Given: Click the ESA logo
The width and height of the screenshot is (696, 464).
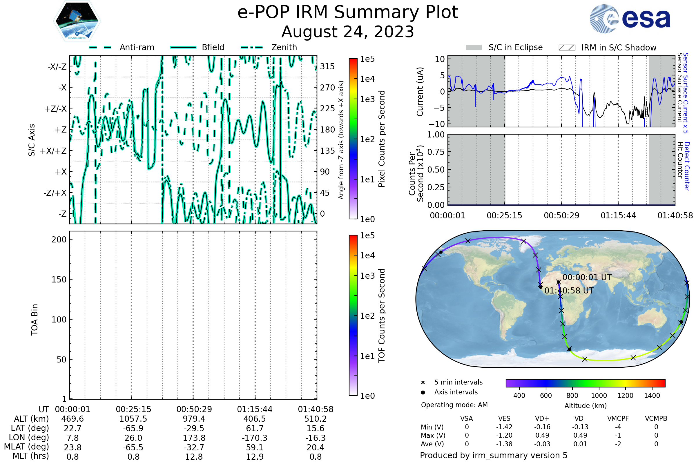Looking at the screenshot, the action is (630, 19).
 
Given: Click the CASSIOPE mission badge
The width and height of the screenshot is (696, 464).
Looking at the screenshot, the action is (77, 21).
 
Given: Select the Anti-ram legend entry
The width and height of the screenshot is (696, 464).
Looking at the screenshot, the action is (122, 47).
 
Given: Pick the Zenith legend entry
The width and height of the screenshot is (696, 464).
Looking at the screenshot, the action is (269, 47).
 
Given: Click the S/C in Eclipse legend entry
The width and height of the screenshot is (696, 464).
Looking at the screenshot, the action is (504, 47).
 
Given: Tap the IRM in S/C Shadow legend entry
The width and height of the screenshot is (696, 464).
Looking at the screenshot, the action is (608, 48).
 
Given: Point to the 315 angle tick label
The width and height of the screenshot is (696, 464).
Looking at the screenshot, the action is (327, 66).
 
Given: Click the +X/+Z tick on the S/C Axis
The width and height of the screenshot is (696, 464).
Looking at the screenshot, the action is (53, 151).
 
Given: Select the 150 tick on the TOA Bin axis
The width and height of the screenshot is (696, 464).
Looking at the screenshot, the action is (59, 279).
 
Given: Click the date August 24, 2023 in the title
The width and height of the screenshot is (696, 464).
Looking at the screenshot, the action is (348, 32).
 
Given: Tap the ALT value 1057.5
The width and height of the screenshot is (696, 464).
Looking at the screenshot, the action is (133, 419).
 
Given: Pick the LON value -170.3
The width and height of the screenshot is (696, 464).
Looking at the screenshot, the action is (255, 438).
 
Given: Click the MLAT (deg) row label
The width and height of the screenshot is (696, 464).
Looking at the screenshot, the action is (26, 447).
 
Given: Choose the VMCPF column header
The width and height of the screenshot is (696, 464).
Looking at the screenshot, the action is (618, 418).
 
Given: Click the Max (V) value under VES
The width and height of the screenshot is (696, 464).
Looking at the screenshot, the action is (504, 435).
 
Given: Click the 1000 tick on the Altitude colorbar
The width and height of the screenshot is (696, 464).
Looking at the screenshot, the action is (599, 396).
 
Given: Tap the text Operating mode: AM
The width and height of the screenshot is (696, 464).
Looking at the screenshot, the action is (454, 405).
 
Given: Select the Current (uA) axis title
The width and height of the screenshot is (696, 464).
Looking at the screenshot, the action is (420, 92).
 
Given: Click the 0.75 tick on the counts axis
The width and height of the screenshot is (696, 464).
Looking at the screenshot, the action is (436, 152).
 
